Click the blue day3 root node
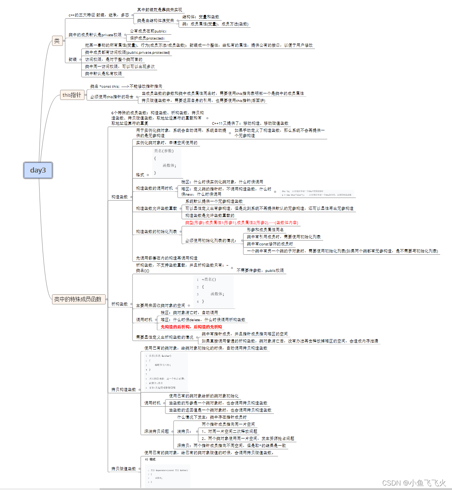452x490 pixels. (x=38, y=170)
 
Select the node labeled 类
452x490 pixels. (x=57, y=41)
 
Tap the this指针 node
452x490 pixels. (x=72, y=95)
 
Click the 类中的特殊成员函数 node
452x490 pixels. (x=78, y=299)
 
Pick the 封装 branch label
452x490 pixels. (x=73, y=59)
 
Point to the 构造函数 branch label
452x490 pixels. (x=119, y=197)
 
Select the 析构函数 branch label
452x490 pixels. (x=119, y=304)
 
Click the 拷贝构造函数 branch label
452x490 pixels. (x=124, y=390)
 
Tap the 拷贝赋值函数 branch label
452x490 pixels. (x=124, y=469)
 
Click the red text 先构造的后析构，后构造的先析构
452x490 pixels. (x=191, y=327)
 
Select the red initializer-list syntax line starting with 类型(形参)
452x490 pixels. (x=241, y=223)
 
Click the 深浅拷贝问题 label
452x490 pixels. (x=157, y=431)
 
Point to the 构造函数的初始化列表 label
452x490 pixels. (x=156, y=232)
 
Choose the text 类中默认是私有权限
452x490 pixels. (x=103, y=74)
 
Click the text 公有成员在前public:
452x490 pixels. (x=148, y=31)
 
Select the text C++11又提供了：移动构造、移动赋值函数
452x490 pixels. (x=250, y=123)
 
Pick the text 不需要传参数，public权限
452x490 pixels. (x=260, y=270)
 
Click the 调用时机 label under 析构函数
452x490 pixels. (x=144, y=320)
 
